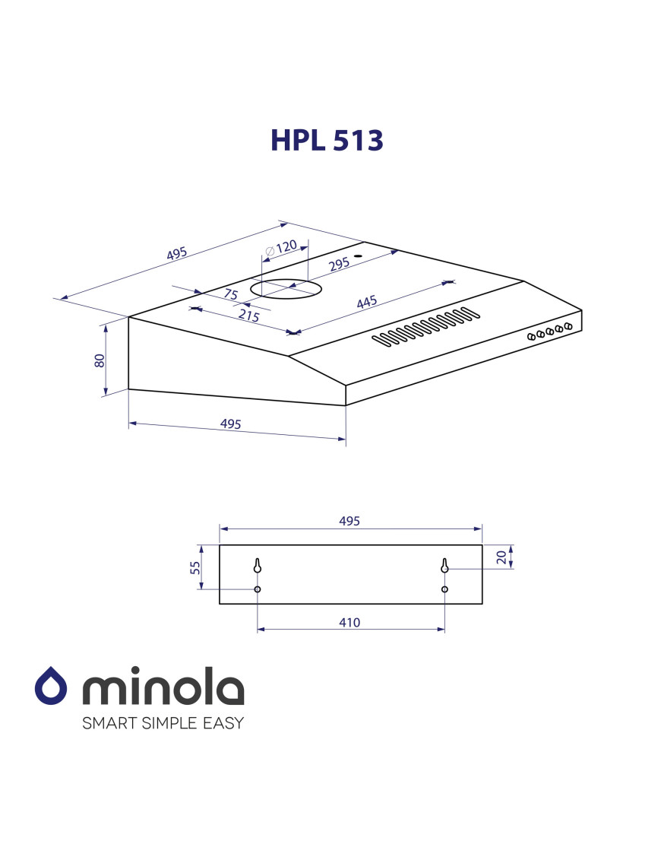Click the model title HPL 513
[327, 141]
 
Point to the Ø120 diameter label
[280, 249]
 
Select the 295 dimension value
[340, 265]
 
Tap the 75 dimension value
[231, 294]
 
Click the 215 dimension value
[249, 315]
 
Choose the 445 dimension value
[367, 302]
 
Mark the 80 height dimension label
[100, 360]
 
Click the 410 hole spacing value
[349, 623]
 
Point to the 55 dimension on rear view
[195, 568]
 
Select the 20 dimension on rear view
[501, 557]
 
